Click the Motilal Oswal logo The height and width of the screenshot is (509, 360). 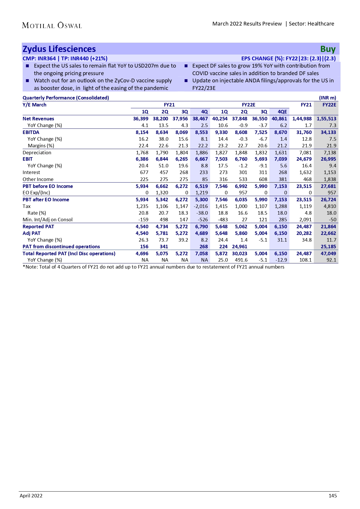click(x=52, y=26)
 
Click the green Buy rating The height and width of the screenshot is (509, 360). click(x=328, y=49)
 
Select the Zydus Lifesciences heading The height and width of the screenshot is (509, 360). click(x=59, y=49)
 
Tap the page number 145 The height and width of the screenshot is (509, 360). click(x=333, y=496)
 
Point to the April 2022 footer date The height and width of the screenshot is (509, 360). click(x=31, y=496)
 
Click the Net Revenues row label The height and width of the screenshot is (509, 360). click(x=38, y=119)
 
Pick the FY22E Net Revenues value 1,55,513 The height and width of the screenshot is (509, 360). click(x=326, y=119)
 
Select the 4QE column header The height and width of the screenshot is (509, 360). click(x=282, y=112)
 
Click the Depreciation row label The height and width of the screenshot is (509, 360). click(x=37, y=153)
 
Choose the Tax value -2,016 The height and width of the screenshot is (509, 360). click(x=201, y=206)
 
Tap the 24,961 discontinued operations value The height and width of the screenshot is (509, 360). click(x=240, y=247)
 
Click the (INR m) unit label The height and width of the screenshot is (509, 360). click(x=328, y=98)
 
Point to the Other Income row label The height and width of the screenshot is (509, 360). click(x=38, y=179)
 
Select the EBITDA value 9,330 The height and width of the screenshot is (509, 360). click(x=221, y=132)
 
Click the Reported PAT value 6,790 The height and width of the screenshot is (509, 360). click(x=202, y=227)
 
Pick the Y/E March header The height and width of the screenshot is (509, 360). click(x=35, y=105)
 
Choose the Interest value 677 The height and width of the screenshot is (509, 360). click(x=144, y=172)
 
